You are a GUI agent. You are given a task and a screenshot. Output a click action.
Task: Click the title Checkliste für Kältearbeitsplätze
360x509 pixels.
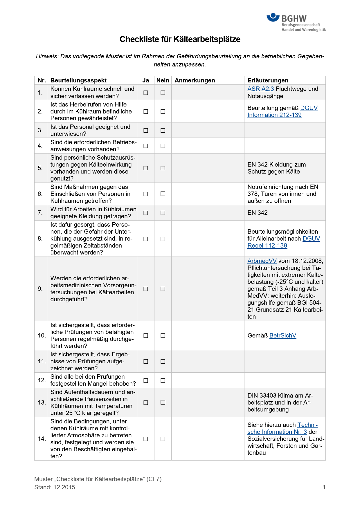180,39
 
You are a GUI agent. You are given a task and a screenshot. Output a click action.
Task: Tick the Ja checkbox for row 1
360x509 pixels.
146,93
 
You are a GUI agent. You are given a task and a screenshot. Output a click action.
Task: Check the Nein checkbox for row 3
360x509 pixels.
163,130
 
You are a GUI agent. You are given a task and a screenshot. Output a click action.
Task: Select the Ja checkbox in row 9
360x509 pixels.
146,289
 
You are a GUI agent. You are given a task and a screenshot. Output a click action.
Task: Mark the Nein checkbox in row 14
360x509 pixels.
163,439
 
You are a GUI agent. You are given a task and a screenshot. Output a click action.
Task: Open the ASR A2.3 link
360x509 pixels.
260,89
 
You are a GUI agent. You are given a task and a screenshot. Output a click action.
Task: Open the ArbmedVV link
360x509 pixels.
262,261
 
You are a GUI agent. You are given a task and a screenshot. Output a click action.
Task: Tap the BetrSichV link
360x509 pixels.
283,335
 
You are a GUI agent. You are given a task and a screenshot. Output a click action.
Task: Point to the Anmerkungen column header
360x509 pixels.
195,80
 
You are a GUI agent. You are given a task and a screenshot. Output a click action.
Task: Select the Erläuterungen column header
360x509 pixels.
268,80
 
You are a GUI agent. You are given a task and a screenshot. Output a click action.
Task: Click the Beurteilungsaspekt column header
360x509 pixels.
78,80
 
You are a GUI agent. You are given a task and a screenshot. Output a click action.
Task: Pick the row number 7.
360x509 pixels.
40,213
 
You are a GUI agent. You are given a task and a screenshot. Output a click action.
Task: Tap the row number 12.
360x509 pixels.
42,380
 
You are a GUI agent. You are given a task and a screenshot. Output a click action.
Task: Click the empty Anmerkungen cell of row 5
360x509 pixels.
208,168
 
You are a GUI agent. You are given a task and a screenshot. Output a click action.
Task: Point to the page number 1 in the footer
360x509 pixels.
324,487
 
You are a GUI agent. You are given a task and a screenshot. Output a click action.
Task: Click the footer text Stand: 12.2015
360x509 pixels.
55,487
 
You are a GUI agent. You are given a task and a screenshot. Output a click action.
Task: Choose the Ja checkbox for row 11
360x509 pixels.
146,361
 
